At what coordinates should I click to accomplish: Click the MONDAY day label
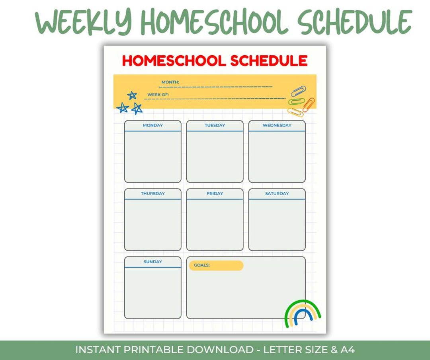[x=153, y=125]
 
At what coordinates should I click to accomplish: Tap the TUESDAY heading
[x=215, y=125]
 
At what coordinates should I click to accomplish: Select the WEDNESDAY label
[x=277, y=125]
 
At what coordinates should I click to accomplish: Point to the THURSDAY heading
[x=153, y=194]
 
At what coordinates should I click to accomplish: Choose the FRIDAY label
[x=215, y=194]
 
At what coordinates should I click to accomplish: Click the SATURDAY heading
[x=277, y=194]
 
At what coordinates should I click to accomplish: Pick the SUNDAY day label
[x=153, y=262]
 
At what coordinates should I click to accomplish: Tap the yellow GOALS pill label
[x=216, y=265]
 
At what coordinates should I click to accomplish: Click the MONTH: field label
[x=170, y=82]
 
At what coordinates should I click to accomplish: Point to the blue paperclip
[x=298, y=91]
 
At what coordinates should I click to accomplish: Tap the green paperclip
[x=296, y=102]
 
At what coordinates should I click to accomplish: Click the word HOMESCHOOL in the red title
[x=174, y=61]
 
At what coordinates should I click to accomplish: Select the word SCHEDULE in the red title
[x=269, y=61]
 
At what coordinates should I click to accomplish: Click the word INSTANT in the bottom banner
[x=98, y=350]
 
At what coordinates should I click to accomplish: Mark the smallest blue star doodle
[x=132, y=95]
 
